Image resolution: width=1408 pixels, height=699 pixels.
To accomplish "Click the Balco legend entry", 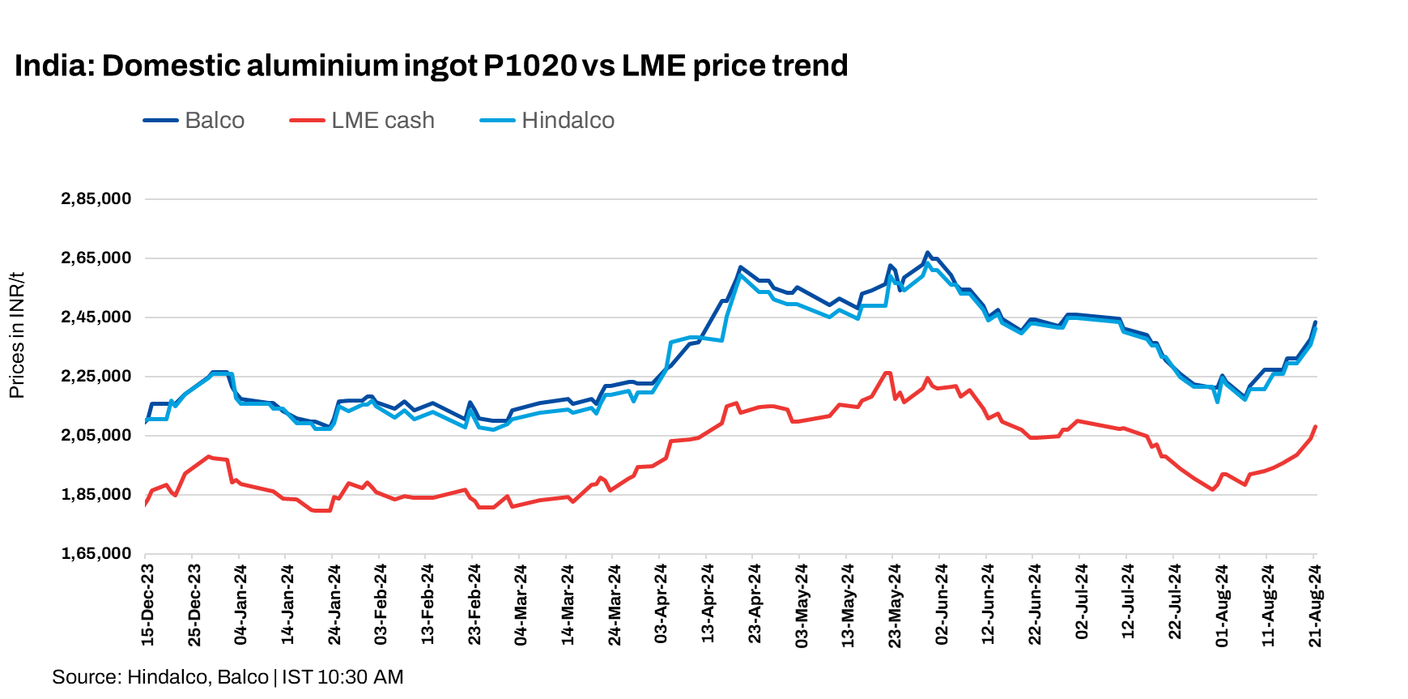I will pos(214,121).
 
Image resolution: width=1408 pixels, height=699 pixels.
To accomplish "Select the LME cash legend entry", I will pos(382,121).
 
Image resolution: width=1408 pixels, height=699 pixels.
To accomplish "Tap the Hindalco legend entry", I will pos(567,121).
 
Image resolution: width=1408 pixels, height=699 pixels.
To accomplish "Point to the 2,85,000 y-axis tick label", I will pos(96,199).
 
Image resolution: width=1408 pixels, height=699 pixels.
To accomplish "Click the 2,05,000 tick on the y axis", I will pos(96,436).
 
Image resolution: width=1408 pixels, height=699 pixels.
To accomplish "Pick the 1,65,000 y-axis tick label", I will pos(96,554).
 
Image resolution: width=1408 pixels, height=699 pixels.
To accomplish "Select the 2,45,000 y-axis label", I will pos(96,318).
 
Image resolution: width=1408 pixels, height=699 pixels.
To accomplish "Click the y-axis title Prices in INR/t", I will pos(17,335).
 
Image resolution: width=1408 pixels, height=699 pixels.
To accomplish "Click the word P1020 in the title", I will pos(530,66).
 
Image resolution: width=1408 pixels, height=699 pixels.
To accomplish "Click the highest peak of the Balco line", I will pos(928,253).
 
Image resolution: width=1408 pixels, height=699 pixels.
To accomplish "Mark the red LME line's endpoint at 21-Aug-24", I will pos(1315,426).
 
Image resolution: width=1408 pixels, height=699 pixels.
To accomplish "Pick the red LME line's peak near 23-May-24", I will pos(887,373).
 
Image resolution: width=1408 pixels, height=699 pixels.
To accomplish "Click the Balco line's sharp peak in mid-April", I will pos(740,266).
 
